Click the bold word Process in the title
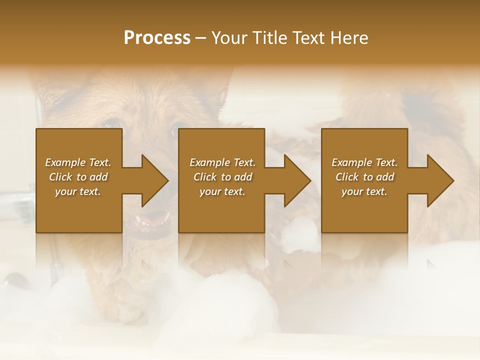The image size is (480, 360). click(x=157, y=38)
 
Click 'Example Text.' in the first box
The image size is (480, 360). click(x=78, y=162)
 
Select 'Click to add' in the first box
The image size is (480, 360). click(x=78, y=177)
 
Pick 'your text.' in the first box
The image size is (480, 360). click(x=78, y=191)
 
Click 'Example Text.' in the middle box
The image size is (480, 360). click(x=222, y=162)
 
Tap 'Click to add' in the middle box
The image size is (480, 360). click(x=222, y=177)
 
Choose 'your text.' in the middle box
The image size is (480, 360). click(x=222, y=191)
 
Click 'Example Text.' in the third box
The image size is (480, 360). click(x=364, y=162)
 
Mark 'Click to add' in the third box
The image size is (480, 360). click(x=364, y=177)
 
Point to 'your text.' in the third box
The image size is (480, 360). click(x=364, y=191)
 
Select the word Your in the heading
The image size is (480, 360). click(x=228, y=38)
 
